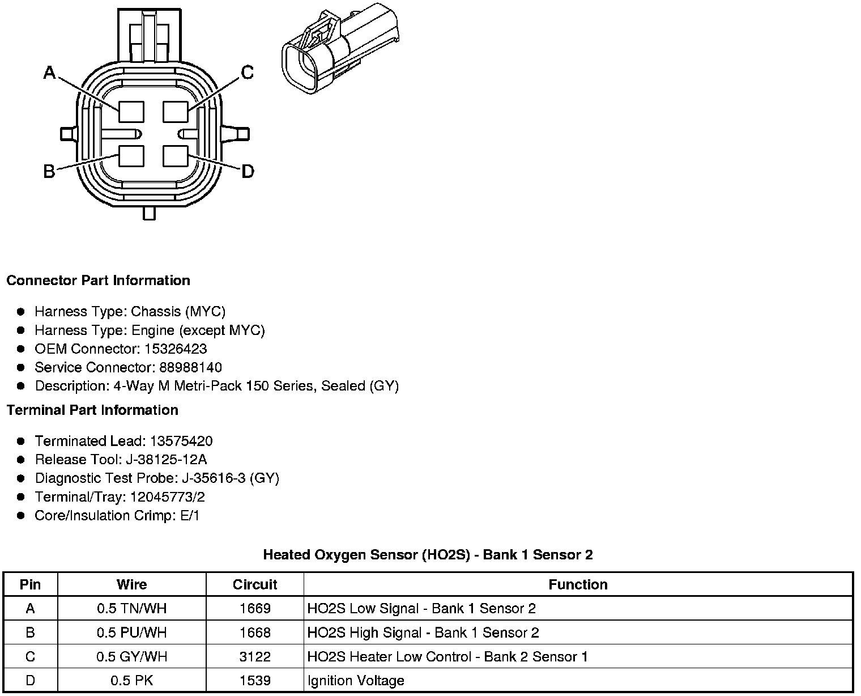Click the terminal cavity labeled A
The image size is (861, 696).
click(x=131, y=112)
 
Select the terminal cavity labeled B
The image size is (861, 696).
click(x=131, y=156)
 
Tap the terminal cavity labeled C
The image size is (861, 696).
click(x=175, y=112)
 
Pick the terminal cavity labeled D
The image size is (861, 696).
click(x=175, y=156)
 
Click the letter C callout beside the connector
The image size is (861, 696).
click(x=247, y=73)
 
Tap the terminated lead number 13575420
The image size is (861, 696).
click(x=180, y=441)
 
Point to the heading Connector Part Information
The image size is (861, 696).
click(x=98, y=281)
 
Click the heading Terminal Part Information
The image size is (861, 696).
click(x=92, y=410)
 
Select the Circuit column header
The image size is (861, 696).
click(x=255, y=584)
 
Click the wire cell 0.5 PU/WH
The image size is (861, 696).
click(x=132, y=633)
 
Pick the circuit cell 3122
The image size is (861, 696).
click(x=255, y=657)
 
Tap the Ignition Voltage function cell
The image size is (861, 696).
click(x=356, y=681)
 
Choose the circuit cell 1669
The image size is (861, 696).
click(x=255, y=609)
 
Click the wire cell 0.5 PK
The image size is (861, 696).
click(x=132, y=681)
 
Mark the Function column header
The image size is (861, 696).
click(x=578, y=584)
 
